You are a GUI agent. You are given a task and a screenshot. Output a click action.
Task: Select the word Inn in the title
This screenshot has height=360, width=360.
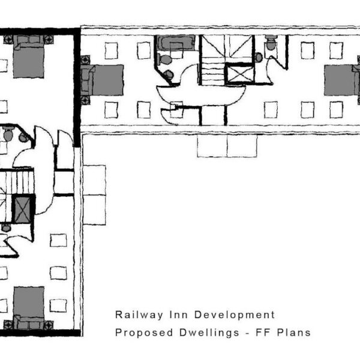[x=179, y=314]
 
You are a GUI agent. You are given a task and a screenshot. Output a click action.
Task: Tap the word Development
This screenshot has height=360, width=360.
[x=235, y=315]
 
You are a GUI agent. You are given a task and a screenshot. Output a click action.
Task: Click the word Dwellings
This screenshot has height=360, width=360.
[x=209, y=333]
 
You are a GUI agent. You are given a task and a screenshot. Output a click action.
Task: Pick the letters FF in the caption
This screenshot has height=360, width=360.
[x=263, y=332]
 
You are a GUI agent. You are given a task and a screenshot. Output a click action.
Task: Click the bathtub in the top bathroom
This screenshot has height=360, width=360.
[x=176, y=43]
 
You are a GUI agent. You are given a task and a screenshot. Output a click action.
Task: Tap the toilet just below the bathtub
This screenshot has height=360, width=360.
[x=165, y=59]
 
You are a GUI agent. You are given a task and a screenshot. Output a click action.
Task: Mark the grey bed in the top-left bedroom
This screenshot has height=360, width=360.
[x=28, y=56]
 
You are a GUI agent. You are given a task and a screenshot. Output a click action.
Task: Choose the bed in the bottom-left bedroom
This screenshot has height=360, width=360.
[x=29, y=308]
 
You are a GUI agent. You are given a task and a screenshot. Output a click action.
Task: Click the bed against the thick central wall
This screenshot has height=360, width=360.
[x=103, y=80]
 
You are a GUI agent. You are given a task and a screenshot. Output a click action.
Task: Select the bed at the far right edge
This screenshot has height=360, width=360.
[x=342, y=80]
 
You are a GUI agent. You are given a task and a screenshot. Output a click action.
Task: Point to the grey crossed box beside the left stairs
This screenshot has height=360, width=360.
[x=22, y=209]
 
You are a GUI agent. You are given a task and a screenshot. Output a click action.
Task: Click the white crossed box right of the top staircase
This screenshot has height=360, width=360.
[x=239, y=74]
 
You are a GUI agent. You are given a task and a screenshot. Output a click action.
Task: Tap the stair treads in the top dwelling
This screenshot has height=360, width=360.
[x=213, y=71]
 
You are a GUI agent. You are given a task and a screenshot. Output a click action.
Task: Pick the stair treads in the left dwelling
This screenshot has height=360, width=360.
[x=17, y=182]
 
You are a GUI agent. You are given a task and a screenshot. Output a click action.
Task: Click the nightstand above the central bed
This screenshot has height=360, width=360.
[x=85, y=59]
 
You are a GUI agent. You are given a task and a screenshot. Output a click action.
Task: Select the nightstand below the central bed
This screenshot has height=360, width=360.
[x=85, y=100]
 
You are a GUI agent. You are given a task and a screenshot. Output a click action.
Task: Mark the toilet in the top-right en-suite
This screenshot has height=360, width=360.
[x=271, y=43]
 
